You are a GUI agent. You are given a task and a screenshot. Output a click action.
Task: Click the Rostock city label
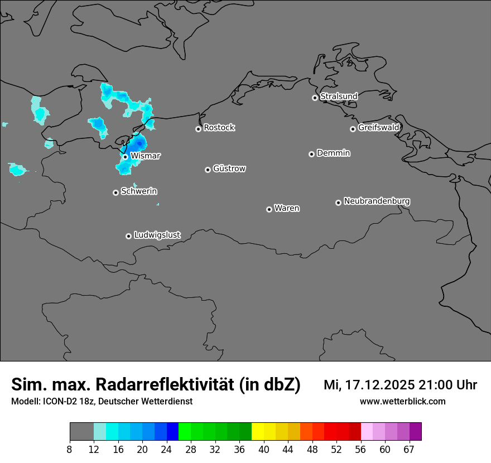(x=219, y=128)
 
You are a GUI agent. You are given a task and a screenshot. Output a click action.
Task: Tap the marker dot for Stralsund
(x=315, y=98)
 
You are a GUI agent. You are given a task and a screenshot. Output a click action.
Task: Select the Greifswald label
(x=378, y=128)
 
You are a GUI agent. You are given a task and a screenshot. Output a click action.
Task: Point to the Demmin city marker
(x=311, y=154)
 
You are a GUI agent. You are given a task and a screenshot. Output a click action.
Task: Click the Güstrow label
(x=229, y=168)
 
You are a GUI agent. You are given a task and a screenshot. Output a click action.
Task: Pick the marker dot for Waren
(x=269, y=209)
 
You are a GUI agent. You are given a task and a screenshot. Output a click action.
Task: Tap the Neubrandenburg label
(x=377, y=201)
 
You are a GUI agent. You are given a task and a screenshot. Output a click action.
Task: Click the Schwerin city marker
(x=115, y=192)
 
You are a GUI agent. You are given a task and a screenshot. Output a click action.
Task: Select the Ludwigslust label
(x=157, y=235)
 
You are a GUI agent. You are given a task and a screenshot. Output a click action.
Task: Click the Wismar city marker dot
(x=125, y=157)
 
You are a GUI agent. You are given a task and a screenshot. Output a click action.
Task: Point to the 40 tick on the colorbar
(x=264, y=449)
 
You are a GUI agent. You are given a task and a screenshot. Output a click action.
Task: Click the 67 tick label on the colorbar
(x=409, y=449)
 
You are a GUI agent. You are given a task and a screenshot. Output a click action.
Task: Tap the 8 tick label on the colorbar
(x=70, y=449)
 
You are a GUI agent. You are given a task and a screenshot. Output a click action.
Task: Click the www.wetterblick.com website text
(x=402, y=401)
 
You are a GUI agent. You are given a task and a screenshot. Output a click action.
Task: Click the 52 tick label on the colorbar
(x=336, y=449)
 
